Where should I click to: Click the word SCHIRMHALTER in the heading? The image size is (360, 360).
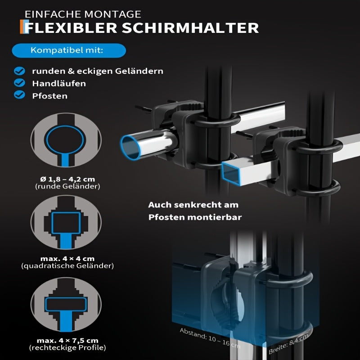coord(190,28)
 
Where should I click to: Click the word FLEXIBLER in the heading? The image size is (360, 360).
coord(71,28)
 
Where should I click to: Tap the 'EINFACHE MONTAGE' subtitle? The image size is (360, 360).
coord(83,14)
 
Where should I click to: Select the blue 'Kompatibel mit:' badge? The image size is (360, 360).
coord(69,50)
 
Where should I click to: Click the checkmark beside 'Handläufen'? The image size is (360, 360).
coord(19,83)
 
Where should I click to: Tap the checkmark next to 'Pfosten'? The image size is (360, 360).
coord(19,94)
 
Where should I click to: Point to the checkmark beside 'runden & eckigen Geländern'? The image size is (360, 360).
coord(19,71)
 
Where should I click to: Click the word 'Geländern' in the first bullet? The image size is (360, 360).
coord(139,71)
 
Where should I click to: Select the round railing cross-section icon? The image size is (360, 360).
coord(66,140)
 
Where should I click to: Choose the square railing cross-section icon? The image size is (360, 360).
coord(66,222)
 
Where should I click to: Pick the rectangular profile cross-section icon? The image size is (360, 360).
coord(66,305)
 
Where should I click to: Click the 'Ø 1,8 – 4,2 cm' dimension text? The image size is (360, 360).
coord(67,179)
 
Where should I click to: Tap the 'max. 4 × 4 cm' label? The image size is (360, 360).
coord(67,259)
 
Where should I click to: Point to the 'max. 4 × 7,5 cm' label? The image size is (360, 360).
coord(67,341)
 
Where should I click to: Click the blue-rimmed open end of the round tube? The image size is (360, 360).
coord(130,147)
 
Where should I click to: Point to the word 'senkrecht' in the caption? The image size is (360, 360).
coord(194,205)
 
